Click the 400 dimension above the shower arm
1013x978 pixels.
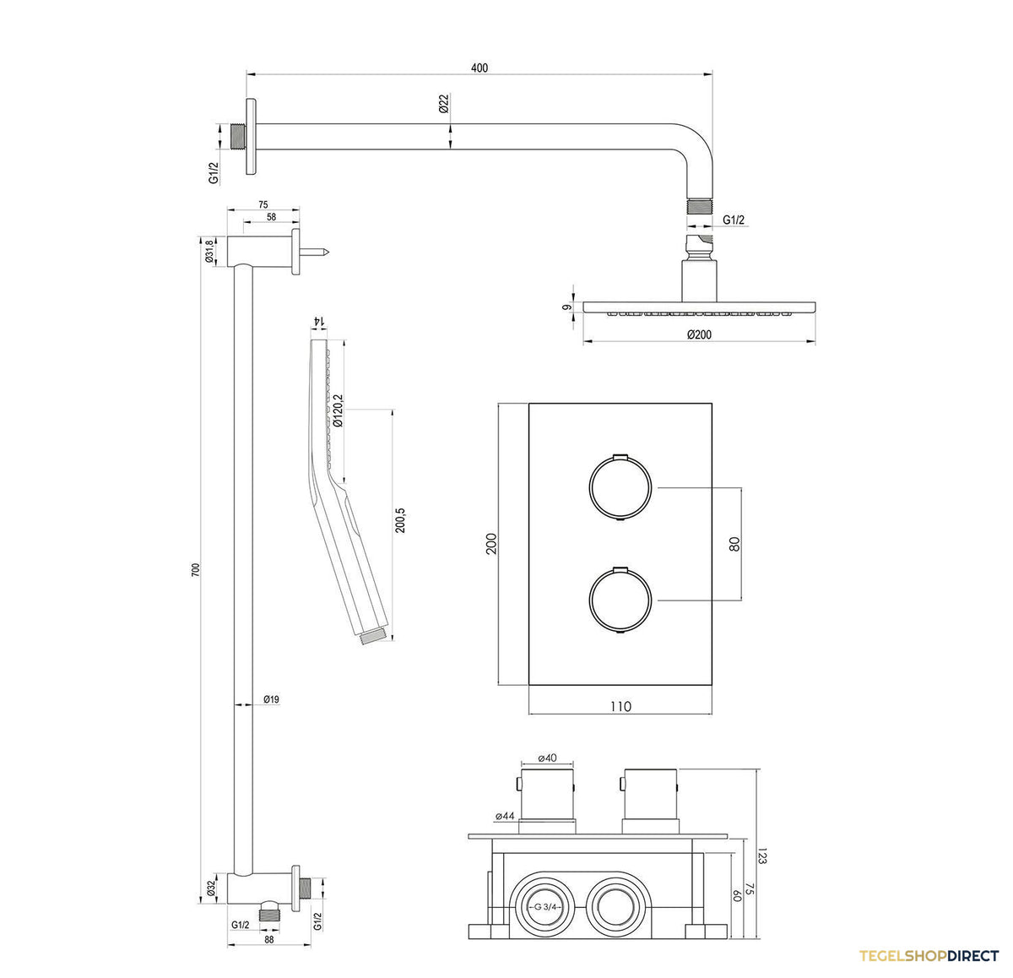(x=479, y=68)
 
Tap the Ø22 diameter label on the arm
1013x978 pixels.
(x=443, y=104)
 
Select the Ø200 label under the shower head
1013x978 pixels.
(x=699, y=334)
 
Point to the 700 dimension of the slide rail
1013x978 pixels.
(x=196, y=569)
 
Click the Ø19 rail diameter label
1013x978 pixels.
(x=271, y=699)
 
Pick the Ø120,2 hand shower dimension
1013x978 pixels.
(x=339, y=410)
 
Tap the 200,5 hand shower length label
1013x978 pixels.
(x=400, y=520)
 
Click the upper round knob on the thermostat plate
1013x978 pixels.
(x=620, y=488)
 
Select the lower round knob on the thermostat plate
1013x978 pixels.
(x=620, y=600)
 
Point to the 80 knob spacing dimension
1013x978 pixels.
(x=734, y=544)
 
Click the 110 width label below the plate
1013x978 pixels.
(x=620, y=707)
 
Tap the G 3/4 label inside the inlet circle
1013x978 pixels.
(x=545, y=906)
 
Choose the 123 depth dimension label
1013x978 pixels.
(x=762, y=856)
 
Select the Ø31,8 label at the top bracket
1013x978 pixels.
(x=209, y=251)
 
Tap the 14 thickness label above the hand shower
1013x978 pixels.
(x=318, y=321)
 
